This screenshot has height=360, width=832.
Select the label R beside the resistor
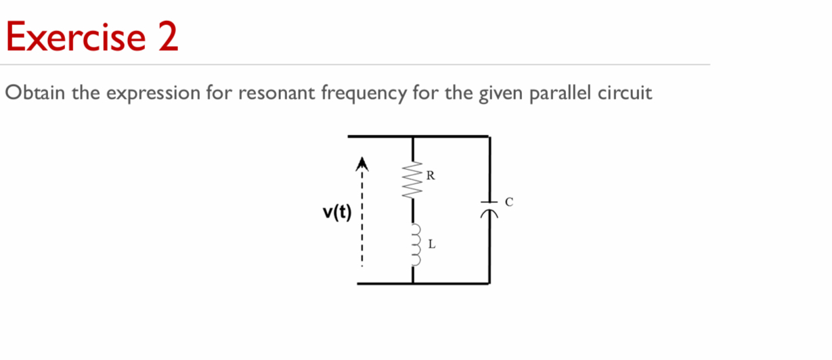coord(431,177)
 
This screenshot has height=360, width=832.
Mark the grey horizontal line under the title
coord(355,65)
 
